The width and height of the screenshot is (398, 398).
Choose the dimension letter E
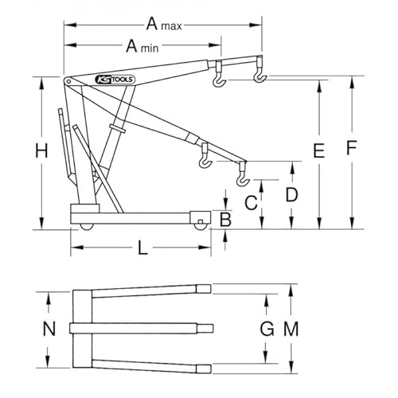tap(318, 150)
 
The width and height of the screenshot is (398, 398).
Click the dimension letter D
tap(291, 193)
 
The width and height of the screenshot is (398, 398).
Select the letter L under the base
tap(142, 249)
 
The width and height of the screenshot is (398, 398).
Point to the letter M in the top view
tap(291, 328)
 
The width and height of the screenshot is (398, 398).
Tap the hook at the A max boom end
tap(259, 76)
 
